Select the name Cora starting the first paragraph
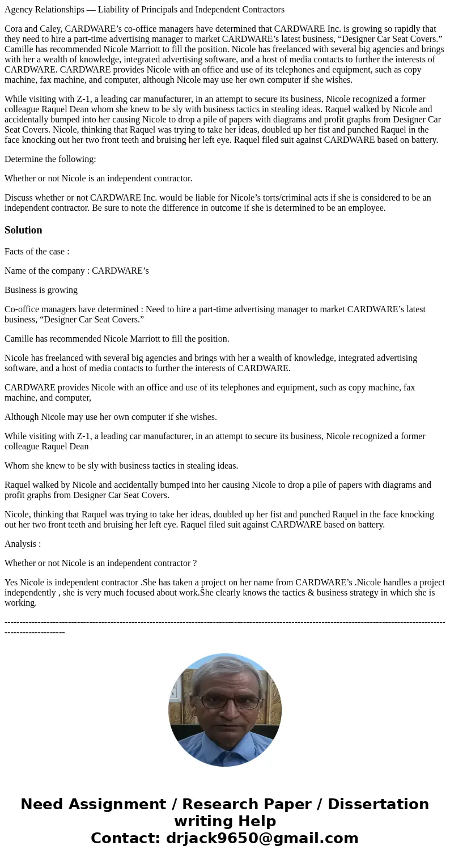coord(14,29)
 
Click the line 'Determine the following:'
coord(50,159)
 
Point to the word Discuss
coord(19,198)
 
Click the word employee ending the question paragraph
coord(367,208)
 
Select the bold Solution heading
coord(23,230)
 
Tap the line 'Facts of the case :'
coord(37,252)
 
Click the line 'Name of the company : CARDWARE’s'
coord(77,271)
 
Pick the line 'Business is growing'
coord(41,290)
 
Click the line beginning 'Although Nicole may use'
coord(111,417)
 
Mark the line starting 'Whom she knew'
coord(121,466)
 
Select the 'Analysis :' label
coord(23,544)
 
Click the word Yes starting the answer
coord(11,583)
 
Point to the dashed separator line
coord(224,622)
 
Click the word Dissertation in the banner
coord(378,805)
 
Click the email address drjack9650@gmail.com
coord(262,839)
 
